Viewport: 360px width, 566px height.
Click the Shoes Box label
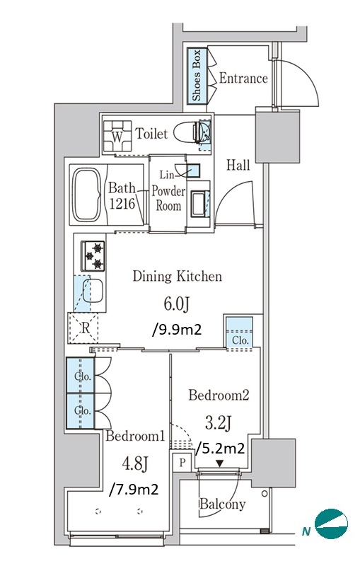196,76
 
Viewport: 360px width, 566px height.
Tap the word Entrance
243,78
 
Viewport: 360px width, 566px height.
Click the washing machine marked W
117,137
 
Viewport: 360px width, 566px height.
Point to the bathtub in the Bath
87,195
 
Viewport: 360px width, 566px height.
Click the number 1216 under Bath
122,204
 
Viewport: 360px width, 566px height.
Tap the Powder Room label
168,198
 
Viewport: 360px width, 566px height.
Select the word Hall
238,166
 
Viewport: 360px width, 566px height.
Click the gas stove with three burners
93,256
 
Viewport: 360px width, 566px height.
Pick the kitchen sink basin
93,291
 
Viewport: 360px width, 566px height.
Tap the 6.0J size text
177,304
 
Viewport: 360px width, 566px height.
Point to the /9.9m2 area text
177,329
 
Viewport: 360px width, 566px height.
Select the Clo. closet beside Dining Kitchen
240,333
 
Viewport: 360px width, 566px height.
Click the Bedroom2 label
219,395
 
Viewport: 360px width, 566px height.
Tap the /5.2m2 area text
220,448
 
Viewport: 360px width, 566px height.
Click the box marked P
182,463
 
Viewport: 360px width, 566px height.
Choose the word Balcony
223,504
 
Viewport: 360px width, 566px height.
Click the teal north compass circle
331,524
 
